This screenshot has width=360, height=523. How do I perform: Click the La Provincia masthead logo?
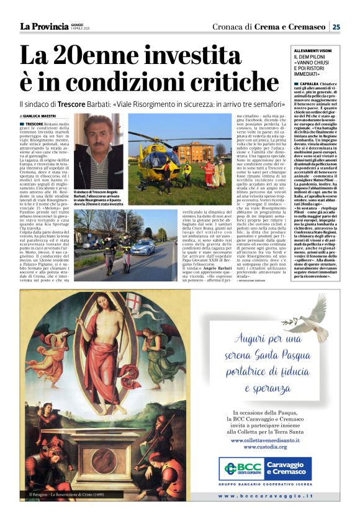pos(44,26)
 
